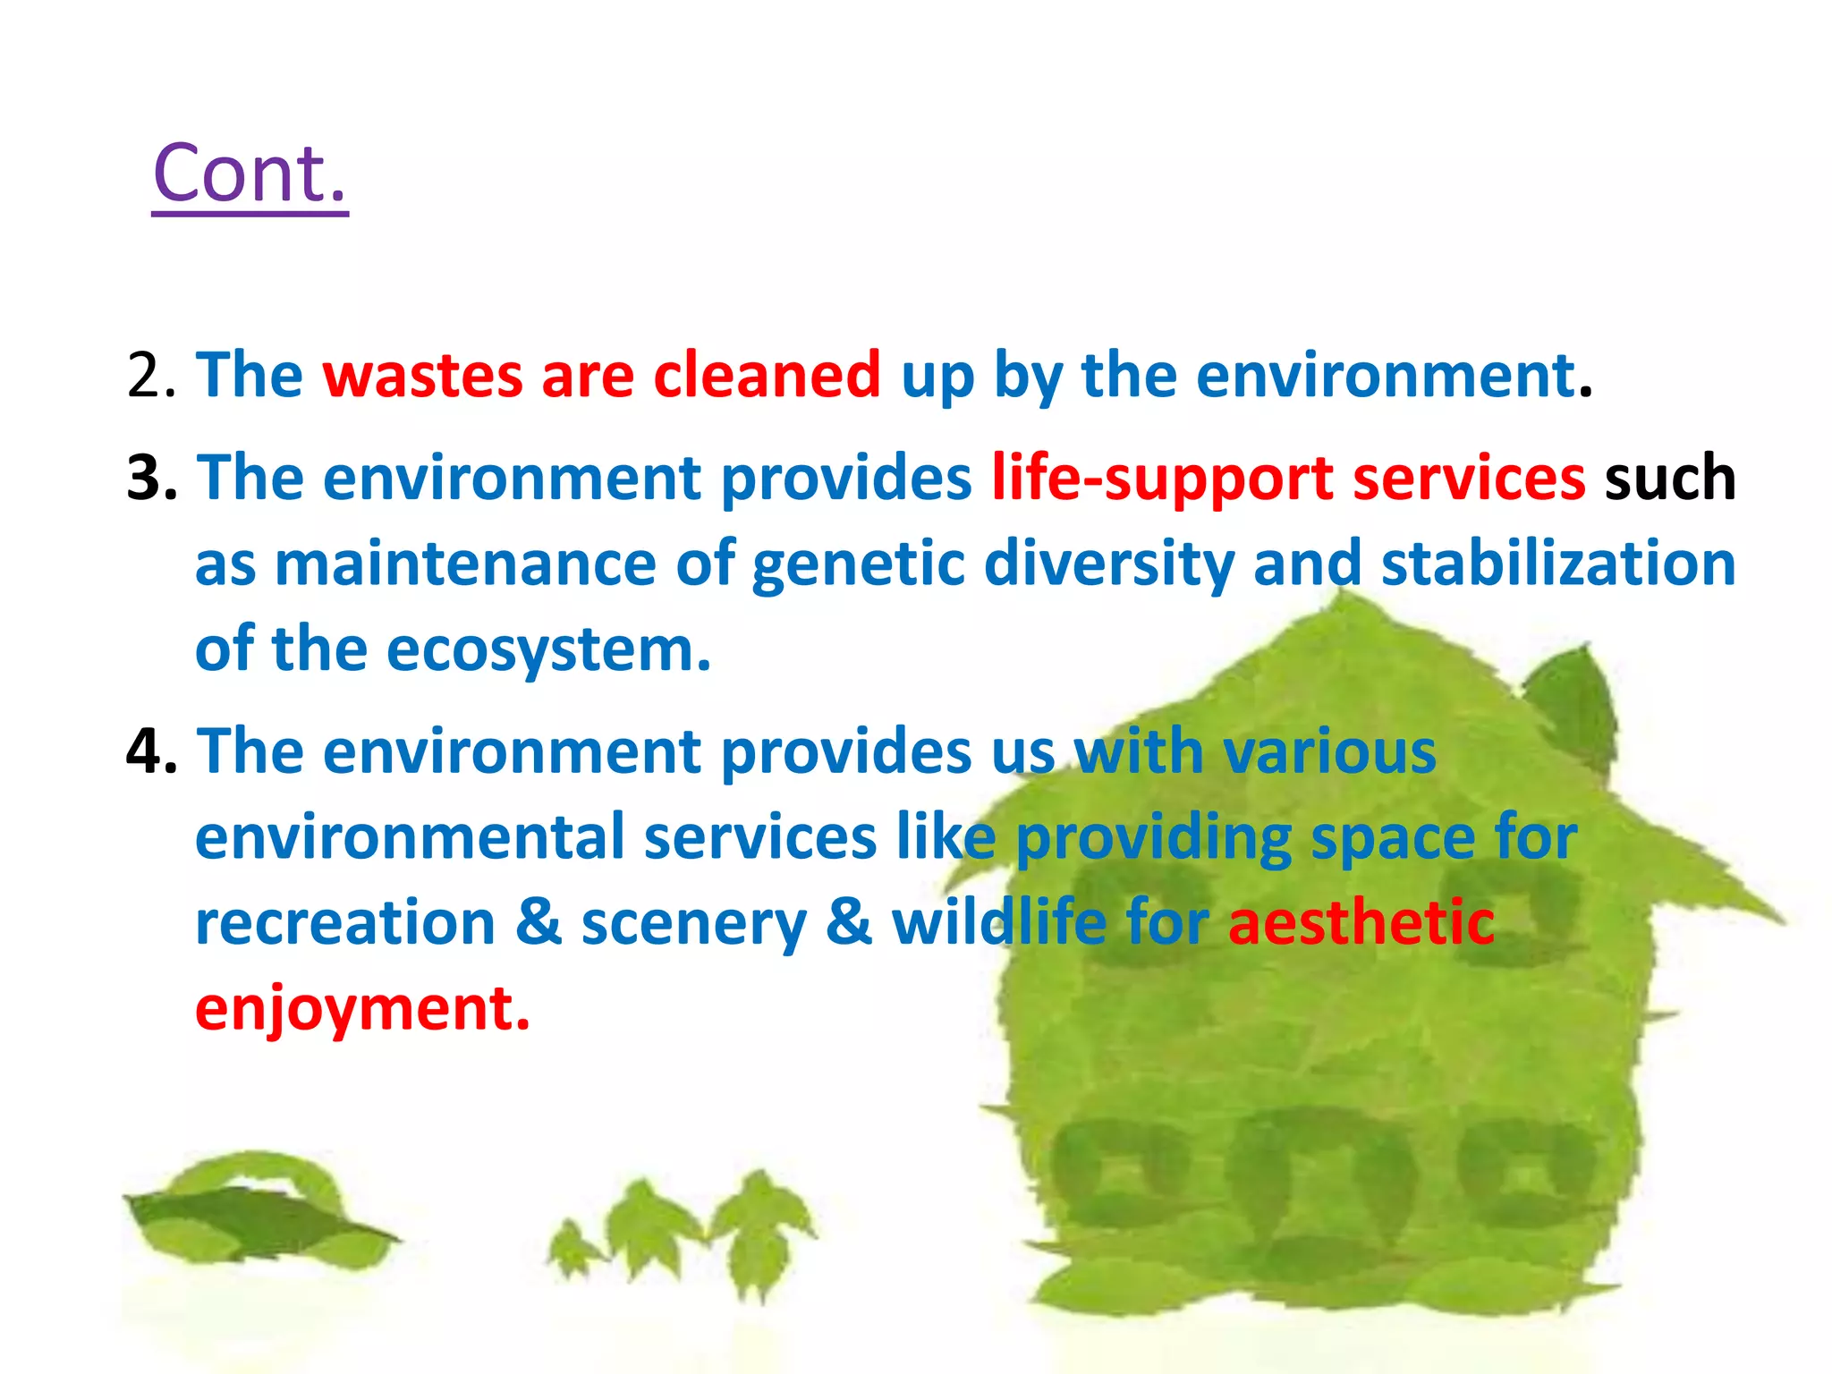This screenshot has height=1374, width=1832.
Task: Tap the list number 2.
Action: tap(151, 376)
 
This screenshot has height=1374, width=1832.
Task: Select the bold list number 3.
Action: tap(151, 479)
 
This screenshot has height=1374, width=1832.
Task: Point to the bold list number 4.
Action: tap(151, 751)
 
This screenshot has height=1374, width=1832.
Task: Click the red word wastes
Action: tap(422, 376)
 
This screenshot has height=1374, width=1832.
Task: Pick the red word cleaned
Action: tap(767, 376)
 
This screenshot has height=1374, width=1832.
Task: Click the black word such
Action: tap(1669, 479)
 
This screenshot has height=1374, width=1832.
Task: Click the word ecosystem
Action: tap(548, 651)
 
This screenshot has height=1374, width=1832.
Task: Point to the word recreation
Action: tap(345, 923)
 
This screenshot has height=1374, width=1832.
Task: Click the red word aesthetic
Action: tap(1361, 923)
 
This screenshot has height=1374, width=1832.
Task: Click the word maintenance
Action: tap(465, 564)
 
